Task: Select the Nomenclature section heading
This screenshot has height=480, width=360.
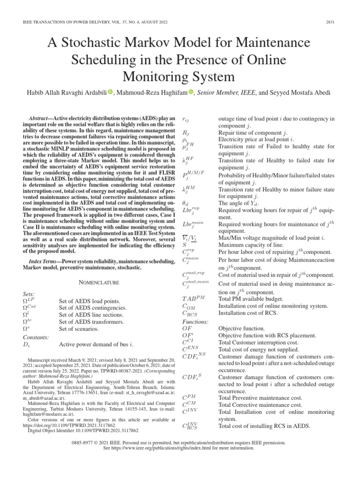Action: pyautogui.click(x=99, y=282)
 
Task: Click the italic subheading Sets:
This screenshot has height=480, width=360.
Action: pyautogui.click(x=29, y=293)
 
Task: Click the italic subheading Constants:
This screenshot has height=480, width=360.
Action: pyautogui.click(x=36, y=337)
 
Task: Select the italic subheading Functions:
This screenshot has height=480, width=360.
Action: pyautogui.click(x=195, y=322)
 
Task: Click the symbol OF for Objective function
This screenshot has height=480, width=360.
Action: pyautogui.click(x=187, y=329)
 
